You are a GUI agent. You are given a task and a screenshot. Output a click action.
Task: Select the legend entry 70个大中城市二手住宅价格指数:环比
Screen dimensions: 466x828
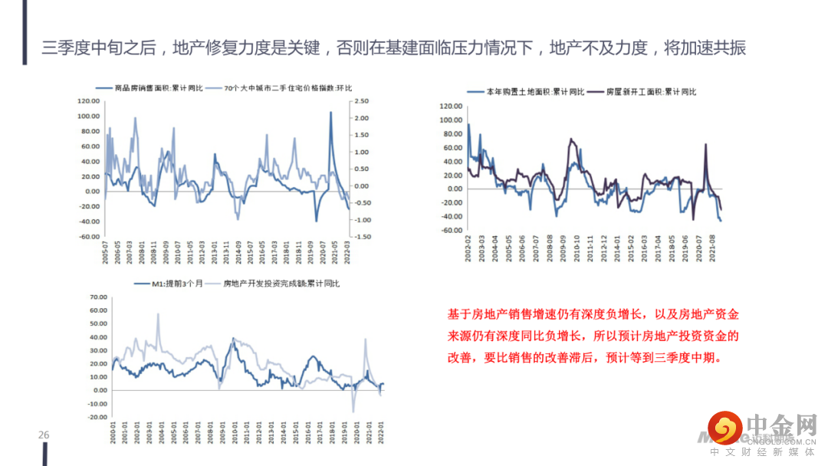[x=287, y=89]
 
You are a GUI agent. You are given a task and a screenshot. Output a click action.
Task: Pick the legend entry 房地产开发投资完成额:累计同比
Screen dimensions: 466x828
[x=281, y=284]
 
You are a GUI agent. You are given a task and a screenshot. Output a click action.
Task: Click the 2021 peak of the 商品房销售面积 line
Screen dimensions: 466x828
[x=330, y=113]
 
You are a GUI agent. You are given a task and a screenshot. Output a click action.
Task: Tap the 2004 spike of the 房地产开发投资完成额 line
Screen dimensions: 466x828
[x=158, y=314]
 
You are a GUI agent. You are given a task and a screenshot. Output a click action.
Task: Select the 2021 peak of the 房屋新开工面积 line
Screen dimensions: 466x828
[x=705, y=144]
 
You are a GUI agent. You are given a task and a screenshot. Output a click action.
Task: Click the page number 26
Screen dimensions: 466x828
[x=44, y=435]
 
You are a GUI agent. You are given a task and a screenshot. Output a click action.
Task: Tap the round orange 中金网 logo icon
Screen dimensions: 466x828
[x=724, y=428]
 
